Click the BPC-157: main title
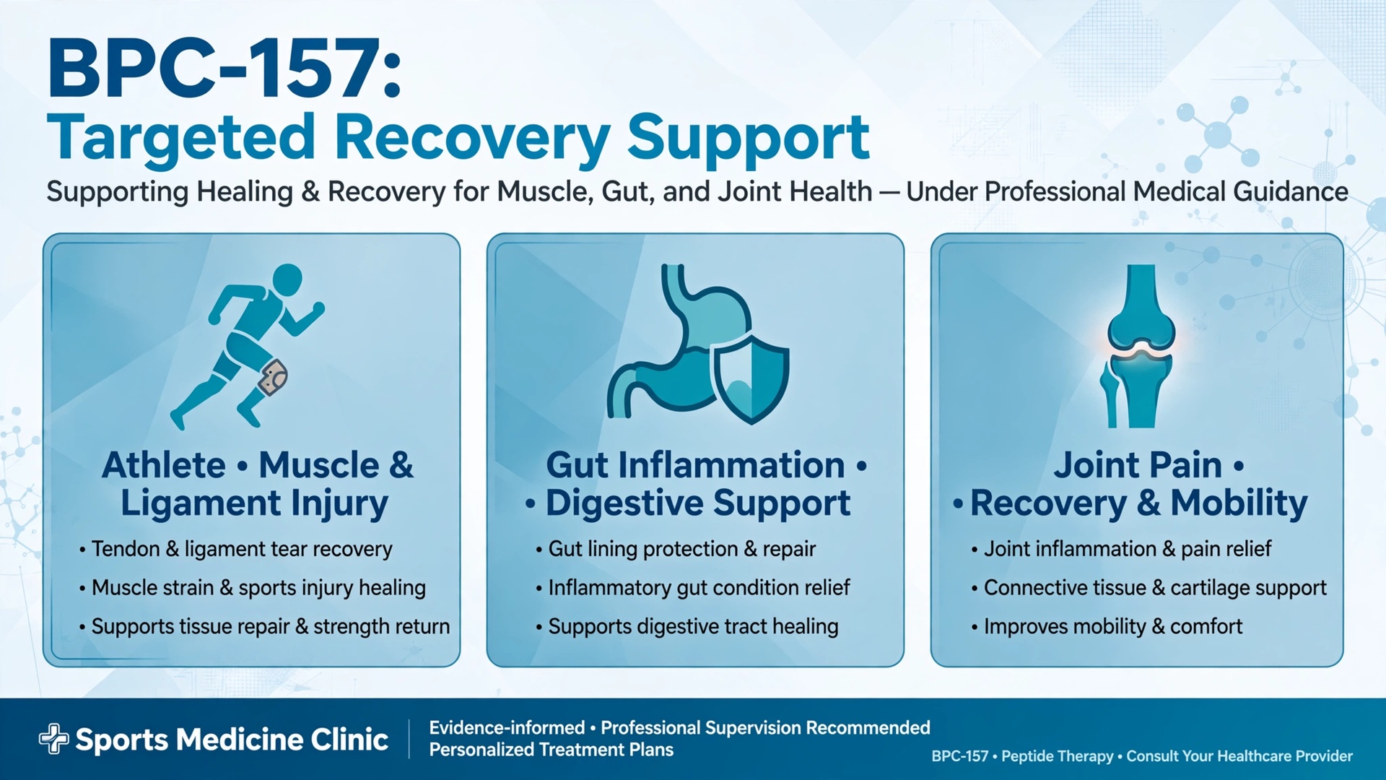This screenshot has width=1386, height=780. click(x=225, y=69)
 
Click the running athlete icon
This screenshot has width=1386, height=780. click(x=248, y=347)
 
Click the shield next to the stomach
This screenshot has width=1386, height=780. click(x=751, y=378)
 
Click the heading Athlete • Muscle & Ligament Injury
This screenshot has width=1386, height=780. click(x=257, y=485)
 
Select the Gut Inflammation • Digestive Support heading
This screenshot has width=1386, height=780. click(x=696, y=485)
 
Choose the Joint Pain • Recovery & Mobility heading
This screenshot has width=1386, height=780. click(x=1130, y=485)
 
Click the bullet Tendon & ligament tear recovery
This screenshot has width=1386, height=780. click(x=236, y=550)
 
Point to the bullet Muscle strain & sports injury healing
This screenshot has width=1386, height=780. click(x=253, y=589)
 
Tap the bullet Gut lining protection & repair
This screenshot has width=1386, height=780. click(x=676, y=550)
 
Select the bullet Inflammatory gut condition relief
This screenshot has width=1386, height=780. click(x=693, y=589)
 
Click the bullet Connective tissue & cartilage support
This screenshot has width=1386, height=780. click(x=1149, y=589)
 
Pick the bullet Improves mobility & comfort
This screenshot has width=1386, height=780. click(x=1107, y=627)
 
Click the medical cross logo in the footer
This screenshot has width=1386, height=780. click(x=53, y=739)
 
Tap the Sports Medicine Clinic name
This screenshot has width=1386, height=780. click(x=232, y=740)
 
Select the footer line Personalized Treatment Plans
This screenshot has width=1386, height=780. click(x=552, y=750)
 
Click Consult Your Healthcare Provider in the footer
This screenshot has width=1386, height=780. click(x=1239, y=756)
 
